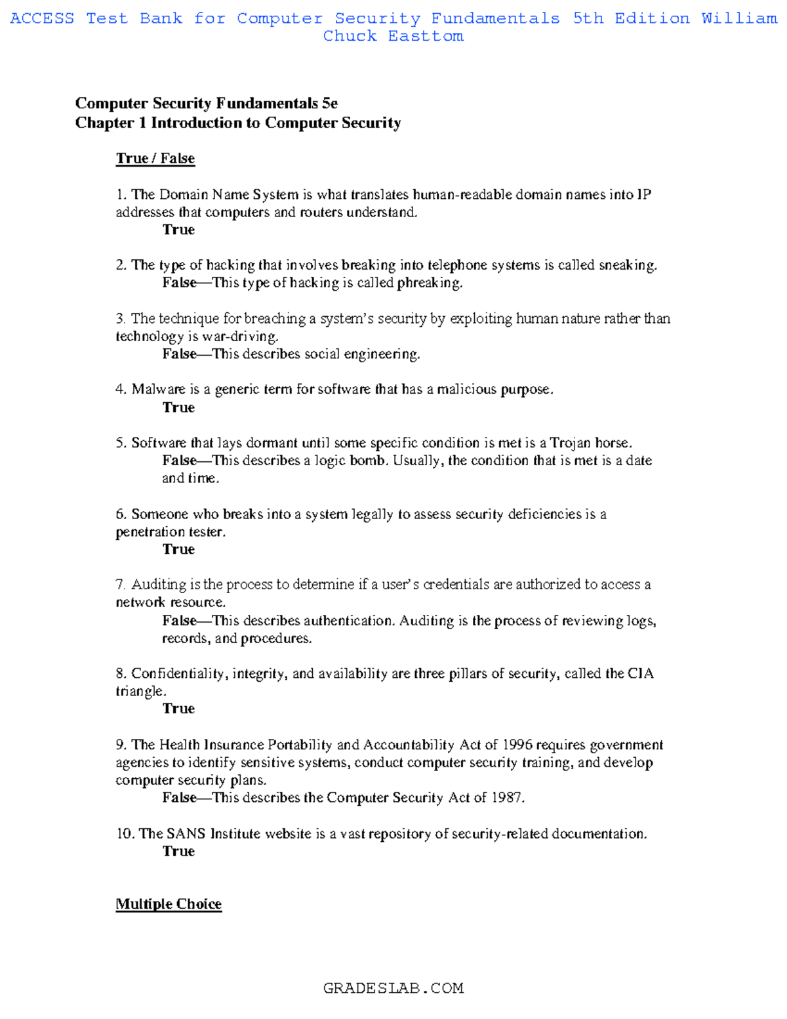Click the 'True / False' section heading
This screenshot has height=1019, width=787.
coord(155,159)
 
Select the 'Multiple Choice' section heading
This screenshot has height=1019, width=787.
coord(169,904)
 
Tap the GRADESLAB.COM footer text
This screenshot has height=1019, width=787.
coord(393,988)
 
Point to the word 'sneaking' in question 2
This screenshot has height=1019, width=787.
coord(630,265)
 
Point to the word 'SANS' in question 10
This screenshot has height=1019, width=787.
coord(186,834)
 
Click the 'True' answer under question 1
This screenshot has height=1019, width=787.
coord(178,230)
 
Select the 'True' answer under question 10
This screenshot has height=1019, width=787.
coord(178,851)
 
